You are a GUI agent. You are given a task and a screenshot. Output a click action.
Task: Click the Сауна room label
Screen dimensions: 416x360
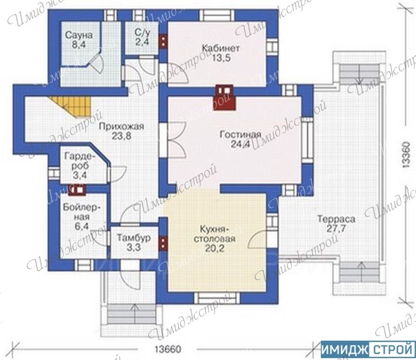coord(79,35)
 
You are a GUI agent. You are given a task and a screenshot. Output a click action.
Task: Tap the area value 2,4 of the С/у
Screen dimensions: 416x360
coord(142,42)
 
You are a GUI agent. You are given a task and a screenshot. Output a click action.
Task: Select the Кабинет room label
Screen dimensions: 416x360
coord(221,48)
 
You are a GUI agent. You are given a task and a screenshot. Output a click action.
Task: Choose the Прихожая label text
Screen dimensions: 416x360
coord(122,126)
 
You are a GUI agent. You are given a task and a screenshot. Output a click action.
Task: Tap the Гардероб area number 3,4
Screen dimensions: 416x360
coord(80,175)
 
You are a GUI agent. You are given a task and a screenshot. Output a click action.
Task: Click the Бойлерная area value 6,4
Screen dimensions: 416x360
coord(82,227)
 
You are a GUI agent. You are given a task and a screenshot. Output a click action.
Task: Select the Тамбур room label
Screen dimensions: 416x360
coord(134,238)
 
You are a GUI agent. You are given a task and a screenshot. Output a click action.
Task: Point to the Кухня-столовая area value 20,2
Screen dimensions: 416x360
coord(214,248)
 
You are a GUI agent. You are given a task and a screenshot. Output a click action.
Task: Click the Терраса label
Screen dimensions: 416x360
coord(336,219)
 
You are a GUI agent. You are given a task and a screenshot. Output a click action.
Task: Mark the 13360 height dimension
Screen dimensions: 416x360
coord(407,155)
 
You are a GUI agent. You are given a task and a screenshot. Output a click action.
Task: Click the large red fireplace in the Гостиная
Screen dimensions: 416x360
coord(225,97)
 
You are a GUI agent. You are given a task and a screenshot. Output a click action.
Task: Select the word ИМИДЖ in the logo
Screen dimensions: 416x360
coord(344,349)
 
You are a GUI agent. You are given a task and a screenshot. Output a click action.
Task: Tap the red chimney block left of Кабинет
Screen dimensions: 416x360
coord(163,41)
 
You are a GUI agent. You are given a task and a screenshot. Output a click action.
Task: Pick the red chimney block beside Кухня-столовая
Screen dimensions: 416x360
coord(163,243)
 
